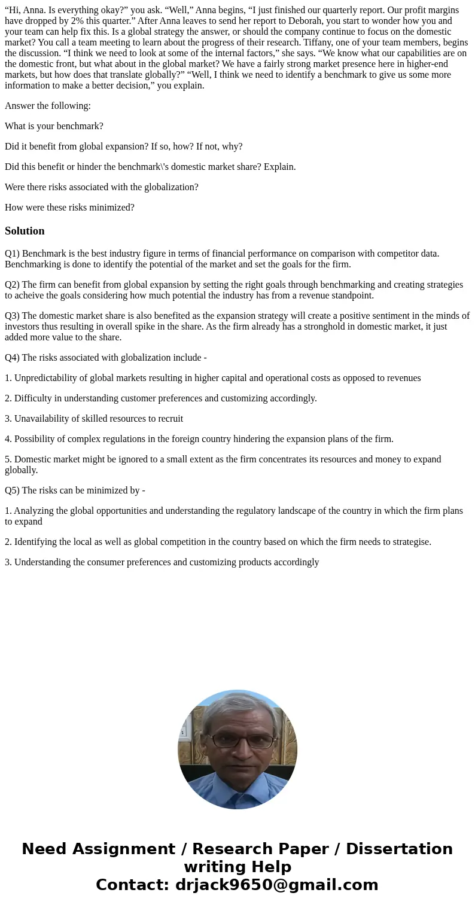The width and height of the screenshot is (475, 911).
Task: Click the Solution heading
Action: (25, 231)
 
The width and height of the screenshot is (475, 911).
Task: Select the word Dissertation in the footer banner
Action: (399, 849)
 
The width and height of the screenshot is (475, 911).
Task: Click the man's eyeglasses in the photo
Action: (238, 741)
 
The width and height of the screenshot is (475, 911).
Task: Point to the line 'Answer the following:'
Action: (48, 105)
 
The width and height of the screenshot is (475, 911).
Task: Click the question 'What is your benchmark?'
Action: (54, 126)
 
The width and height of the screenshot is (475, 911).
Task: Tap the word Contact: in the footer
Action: (132, 885)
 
